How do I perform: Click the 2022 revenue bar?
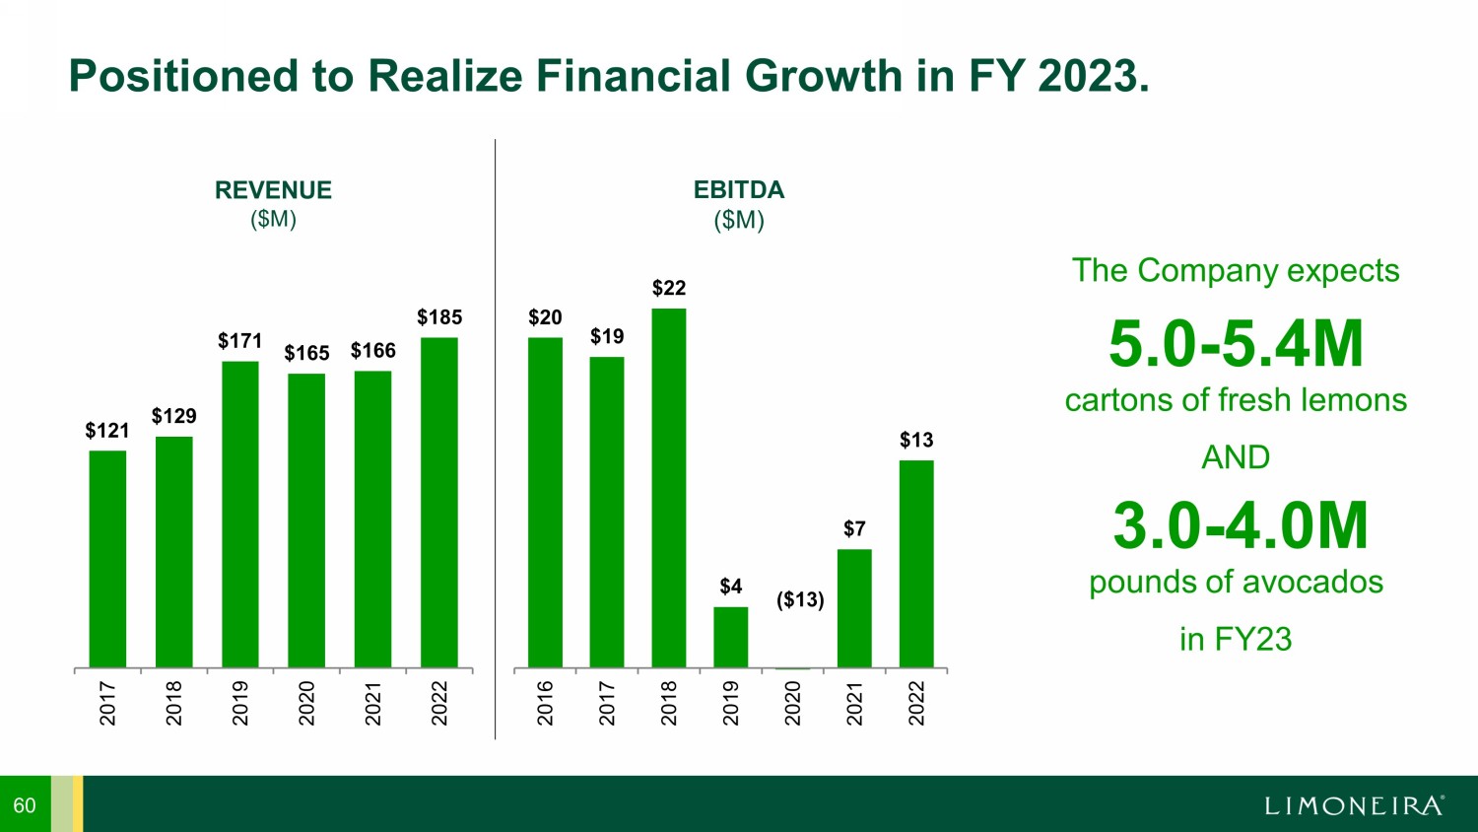tap(438, 503)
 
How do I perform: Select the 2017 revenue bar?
tap(107, 559)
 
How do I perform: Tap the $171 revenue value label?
tap(239, 341)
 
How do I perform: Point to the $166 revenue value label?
tap(372, 351)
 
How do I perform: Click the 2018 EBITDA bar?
tap(669, 488)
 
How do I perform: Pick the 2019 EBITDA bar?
tap(730, 637)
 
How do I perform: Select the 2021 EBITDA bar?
tap(854, 608)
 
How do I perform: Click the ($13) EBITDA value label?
tap(800, 599)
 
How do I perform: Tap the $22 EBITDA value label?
tap(669, 288)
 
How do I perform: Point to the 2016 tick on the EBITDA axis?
tap(545, 703)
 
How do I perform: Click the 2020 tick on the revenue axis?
tap(306, 703)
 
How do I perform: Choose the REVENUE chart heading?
tap(273, 190)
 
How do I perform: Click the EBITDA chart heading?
tap(739, 190)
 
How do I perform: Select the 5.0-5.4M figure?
tap(1236, 344)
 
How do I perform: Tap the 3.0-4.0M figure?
tap(1241, 525)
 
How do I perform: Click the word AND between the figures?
tap(1236, 457)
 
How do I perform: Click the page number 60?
tap(25, 805)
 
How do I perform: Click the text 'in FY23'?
tap(1236, 639)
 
